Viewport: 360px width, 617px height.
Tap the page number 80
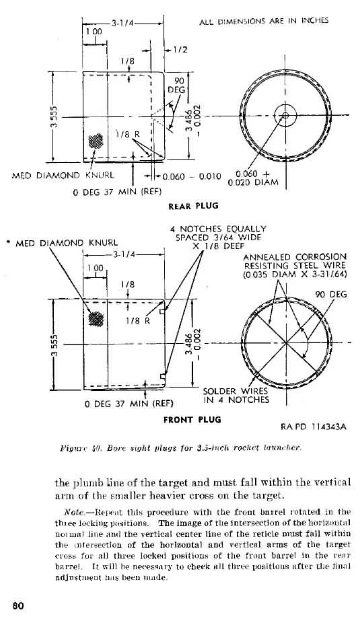point(17,605)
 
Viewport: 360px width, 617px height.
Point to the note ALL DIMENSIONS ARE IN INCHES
point(264,21)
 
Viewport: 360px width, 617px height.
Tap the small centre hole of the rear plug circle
point(286,114)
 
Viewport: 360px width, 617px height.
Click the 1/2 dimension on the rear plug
point(180,49)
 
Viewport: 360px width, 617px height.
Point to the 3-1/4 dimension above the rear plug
point(124,23)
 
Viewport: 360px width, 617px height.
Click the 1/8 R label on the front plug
point(135,321)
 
